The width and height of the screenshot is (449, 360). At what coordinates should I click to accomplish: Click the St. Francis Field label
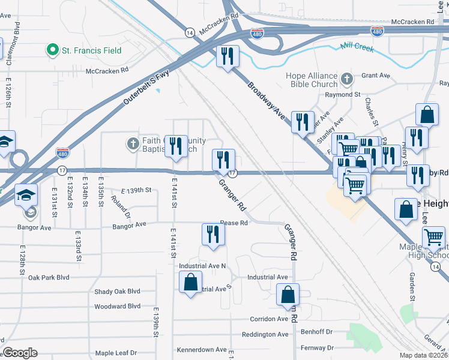(x=92, y=50)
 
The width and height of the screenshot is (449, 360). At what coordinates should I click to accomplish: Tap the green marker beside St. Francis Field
(x=53, y=50)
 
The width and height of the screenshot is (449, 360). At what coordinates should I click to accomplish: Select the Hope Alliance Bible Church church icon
(x=346, y=79)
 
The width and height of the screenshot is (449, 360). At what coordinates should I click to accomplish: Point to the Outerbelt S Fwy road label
(x=147, y=88)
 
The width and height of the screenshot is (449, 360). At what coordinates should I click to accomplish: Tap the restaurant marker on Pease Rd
(x=213, y=234)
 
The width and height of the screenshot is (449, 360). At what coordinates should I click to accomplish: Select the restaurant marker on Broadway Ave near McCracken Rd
(x=228, y=58)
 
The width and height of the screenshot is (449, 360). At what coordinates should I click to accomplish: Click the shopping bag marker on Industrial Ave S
(x=190, y=283)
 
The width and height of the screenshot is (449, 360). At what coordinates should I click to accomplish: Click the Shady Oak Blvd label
(x=117, y=292)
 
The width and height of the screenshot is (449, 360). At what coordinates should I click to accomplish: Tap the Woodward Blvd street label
(x=117, y=307)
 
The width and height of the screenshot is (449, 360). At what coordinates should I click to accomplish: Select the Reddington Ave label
(x=265, y=334)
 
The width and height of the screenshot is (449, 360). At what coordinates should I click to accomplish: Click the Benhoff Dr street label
(x=316, y=331)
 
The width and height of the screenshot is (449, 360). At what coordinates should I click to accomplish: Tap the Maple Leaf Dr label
(x=116, y=353)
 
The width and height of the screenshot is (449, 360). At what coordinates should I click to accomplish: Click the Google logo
(x=20, y=353)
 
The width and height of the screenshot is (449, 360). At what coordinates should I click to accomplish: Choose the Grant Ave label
(x=376, y=76)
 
